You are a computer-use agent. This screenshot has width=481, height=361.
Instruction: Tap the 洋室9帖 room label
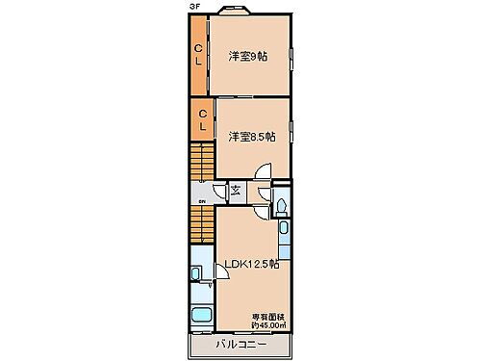[247, 55]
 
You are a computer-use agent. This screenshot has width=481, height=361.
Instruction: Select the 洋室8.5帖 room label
[251, 137]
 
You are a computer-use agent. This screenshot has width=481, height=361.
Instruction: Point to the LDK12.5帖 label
[252, 264]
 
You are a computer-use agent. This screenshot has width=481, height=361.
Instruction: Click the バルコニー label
[240, 344]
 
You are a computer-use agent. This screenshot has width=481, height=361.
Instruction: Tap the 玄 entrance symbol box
[236, 190]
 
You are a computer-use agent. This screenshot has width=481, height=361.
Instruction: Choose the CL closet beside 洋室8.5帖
[203, 121]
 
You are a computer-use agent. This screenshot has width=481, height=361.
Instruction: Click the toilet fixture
[280, 204]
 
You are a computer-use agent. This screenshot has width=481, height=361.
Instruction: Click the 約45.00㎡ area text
[268, 324]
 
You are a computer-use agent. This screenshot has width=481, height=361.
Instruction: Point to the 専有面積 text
[268, 315]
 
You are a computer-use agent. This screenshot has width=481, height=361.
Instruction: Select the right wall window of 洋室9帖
[291, 55]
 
